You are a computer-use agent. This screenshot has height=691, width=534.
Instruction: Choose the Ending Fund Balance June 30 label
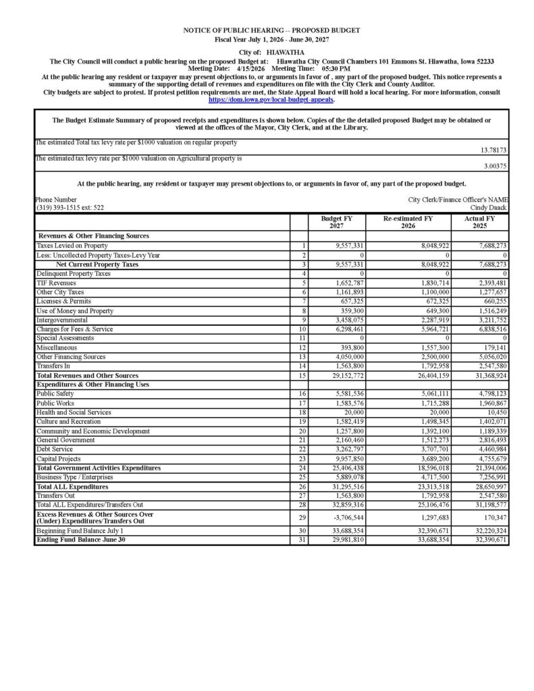81,540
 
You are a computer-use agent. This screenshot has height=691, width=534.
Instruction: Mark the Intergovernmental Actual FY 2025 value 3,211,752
489,321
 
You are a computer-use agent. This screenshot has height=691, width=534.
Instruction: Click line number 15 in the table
304,375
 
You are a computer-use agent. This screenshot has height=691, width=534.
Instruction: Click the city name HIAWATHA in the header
285,52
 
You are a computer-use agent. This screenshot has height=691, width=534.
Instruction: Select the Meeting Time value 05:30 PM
335,69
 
